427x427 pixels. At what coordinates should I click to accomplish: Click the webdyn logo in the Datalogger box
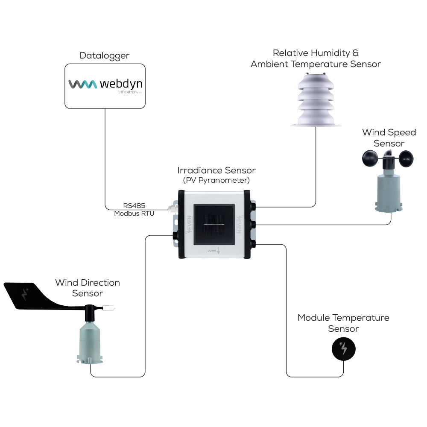pyautogui.click(x=105, y=84)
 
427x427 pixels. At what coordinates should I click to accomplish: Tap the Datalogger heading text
pyautogui.click(x=105, y=56)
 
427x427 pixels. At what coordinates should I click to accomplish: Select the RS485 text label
pyautogui.click(x=134, y=206)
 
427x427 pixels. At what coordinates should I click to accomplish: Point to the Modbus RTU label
pyautogui.click(x=134, y=213)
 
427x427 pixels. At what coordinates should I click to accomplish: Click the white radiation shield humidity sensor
pyautogui.click(x=316, y=100)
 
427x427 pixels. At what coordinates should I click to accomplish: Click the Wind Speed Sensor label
pyautogui.click(x=389, y=138)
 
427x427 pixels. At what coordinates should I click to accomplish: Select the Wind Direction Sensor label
pyautogui.click(x=88, y=288)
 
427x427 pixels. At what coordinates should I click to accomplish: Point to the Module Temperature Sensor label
pyautogui.click(x=343, y=323)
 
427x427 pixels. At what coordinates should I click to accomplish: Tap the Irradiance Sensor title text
pyautogui.click(x=216, y=171)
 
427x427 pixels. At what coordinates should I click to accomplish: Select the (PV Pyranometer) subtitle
pyautogui.click(x=216, y=180)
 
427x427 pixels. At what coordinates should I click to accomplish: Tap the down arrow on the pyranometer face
pyautogui.click(x=218, y=251)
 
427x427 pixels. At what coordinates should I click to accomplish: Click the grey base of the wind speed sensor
pyautogui.click(x=389, y=192)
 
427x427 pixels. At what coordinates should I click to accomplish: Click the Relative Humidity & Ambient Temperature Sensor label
pyautogui.click(x=316, y=58)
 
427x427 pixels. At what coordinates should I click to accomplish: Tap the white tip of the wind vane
pyautogui.click(x=111, y=307)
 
